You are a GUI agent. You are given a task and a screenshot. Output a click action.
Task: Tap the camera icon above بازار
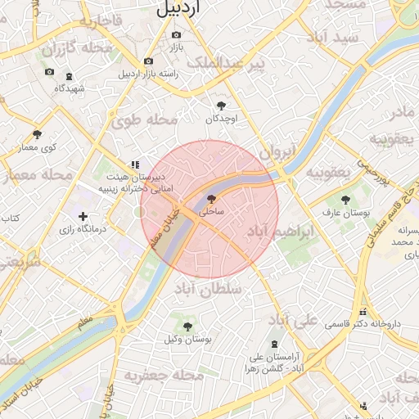click(176, 35)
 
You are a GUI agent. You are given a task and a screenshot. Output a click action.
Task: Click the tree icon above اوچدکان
click(221, 105)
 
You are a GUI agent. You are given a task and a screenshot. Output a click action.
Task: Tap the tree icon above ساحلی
click(211, 198)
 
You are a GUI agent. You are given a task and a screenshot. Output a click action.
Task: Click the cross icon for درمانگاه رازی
click(83, 216)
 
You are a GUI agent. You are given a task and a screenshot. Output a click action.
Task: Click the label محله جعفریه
click(164, 375)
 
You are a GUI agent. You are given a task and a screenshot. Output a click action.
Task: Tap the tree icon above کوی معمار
click(37, 134)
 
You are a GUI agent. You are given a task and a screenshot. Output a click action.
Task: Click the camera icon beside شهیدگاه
click(49, 73)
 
